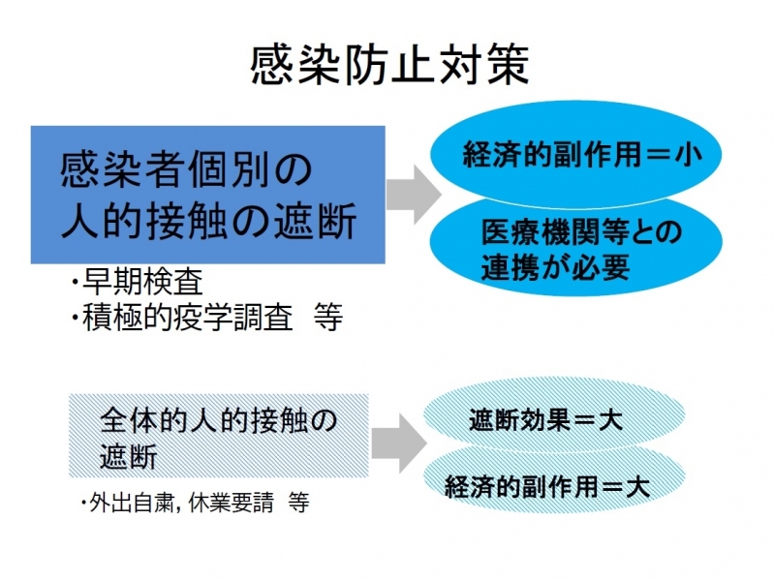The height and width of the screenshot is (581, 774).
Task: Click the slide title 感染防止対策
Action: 390,64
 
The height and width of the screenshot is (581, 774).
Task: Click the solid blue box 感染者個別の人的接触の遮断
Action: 208,195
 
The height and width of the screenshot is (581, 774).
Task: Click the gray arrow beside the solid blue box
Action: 414,195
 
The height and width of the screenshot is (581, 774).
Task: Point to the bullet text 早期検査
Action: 143,282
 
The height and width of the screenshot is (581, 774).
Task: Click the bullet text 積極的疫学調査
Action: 188,318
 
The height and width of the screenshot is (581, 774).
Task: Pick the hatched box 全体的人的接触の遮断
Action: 219,436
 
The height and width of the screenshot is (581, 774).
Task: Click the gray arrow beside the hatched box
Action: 399,443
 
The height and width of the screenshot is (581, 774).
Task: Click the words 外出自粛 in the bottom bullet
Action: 131,502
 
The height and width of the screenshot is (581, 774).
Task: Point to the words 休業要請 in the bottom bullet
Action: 231,502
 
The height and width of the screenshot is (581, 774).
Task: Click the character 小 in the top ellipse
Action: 688,155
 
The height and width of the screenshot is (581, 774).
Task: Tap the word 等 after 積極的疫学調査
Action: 328,318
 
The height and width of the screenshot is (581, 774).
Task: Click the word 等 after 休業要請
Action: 298,503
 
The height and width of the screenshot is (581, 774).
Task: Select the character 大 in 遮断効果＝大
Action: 610,420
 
